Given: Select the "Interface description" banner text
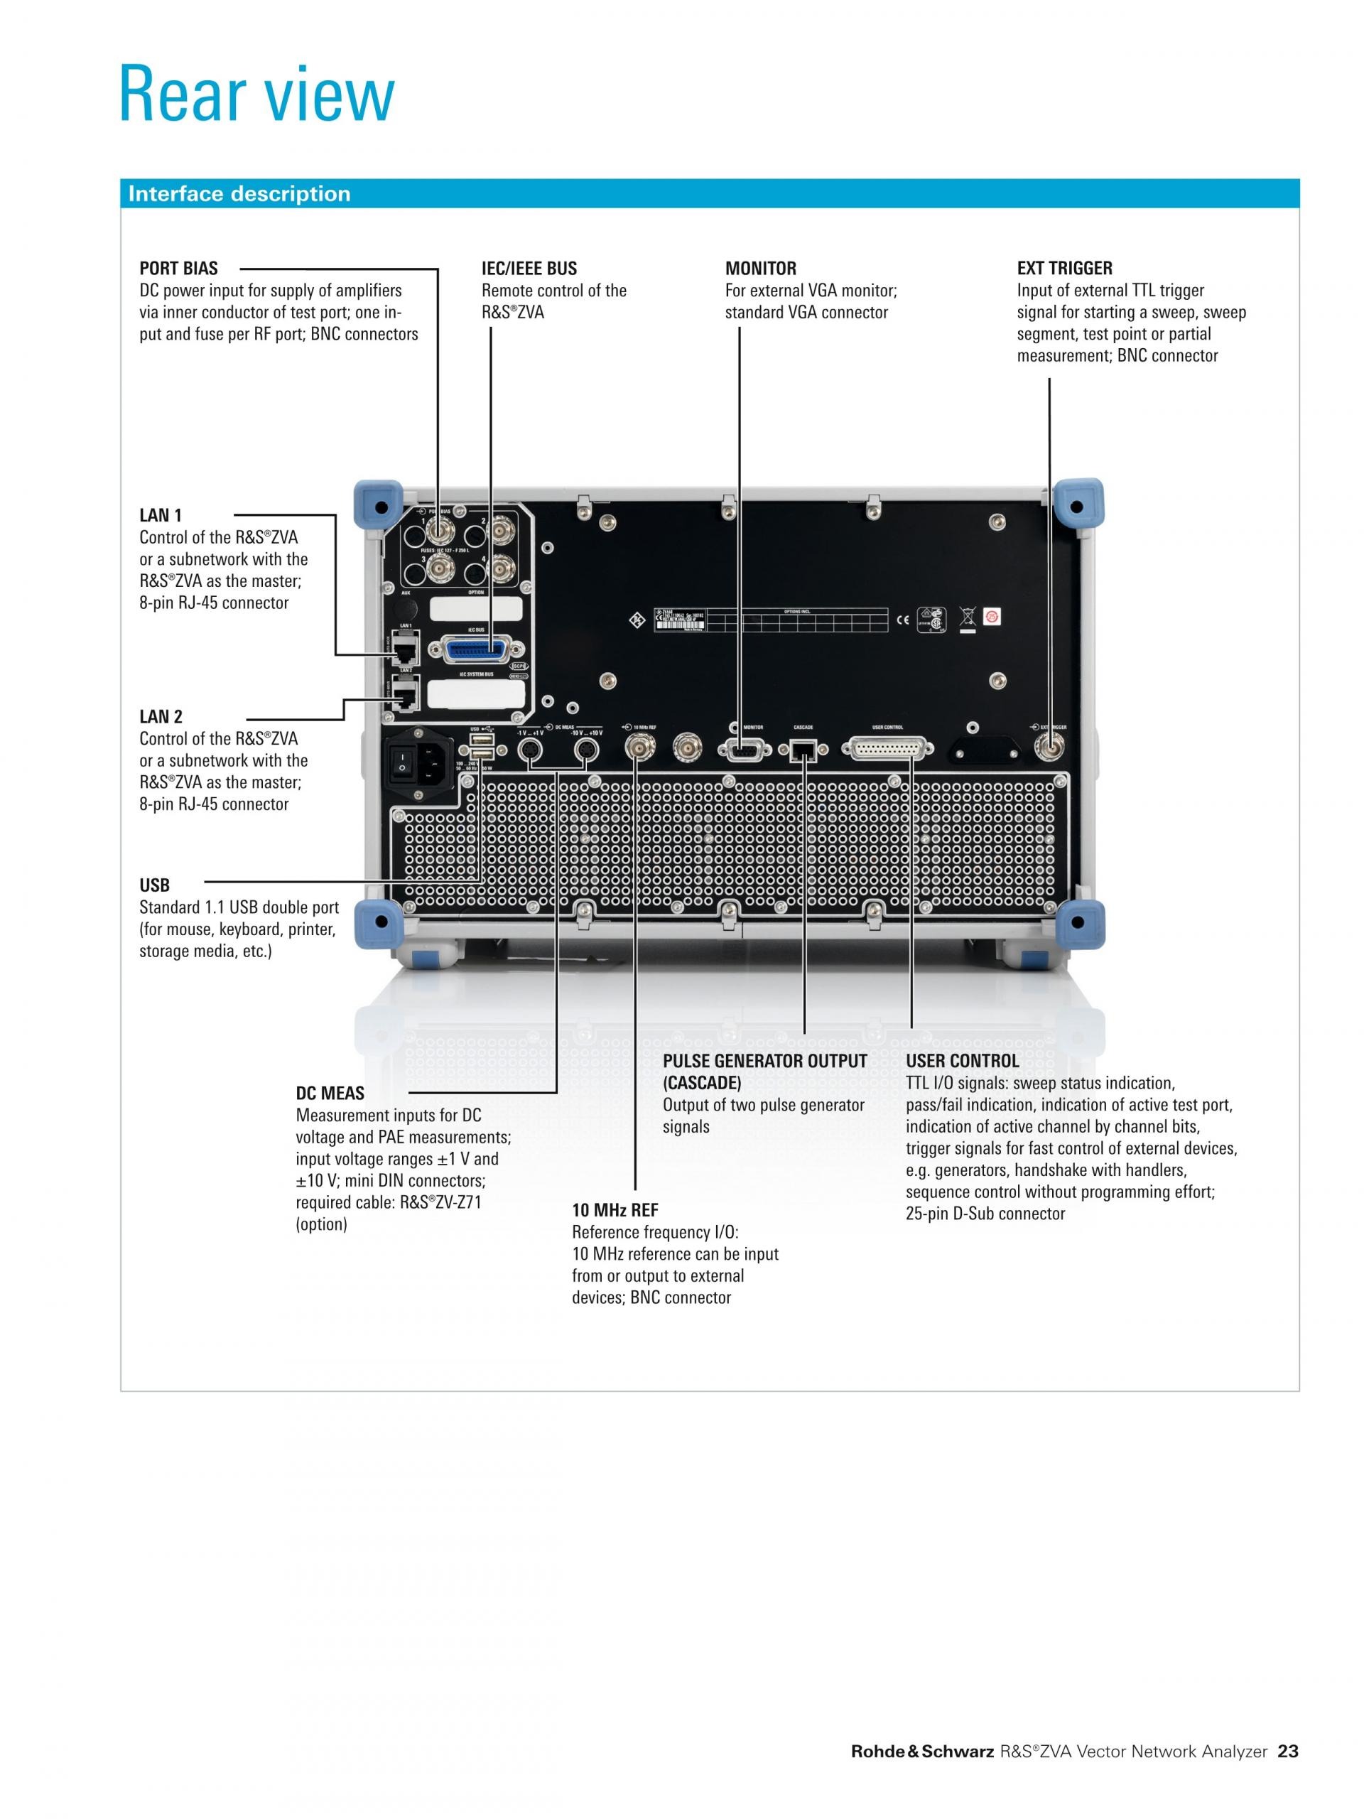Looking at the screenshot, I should [239, 193].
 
